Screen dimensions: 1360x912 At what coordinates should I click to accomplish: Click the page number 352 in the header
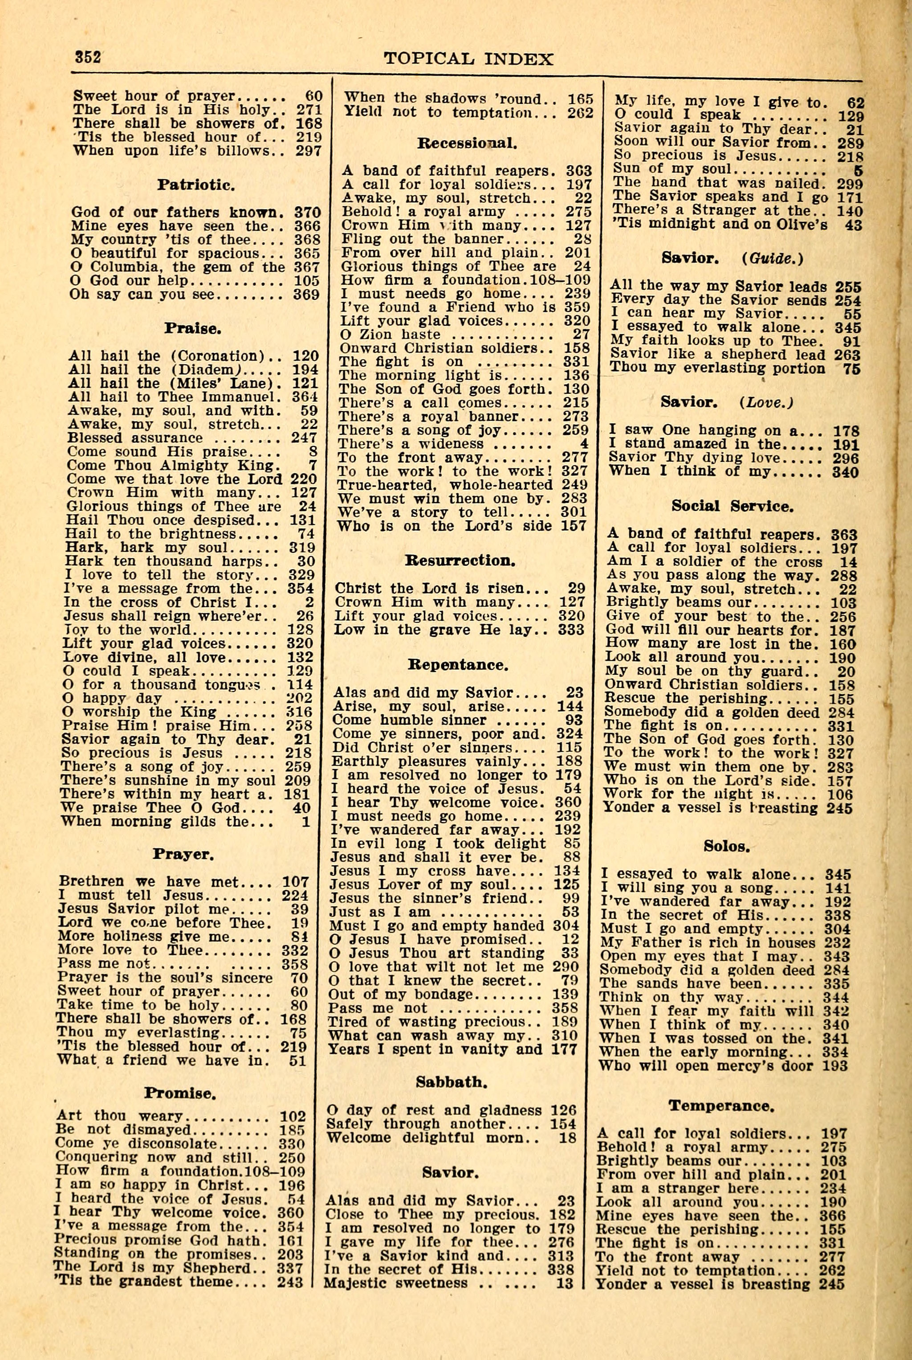point(88,57)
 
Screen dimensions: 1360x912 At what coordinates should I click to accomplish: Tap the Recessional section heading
point(468,143)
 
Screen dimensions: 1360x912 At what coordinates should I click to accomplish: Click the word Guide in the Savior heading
point(773,258)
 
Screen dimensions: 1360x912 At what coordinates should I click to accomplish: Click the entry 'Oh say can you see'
point(143,295)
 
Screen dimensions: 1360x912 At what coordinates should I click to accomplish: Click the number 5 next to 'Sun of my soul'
point(859,171)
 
